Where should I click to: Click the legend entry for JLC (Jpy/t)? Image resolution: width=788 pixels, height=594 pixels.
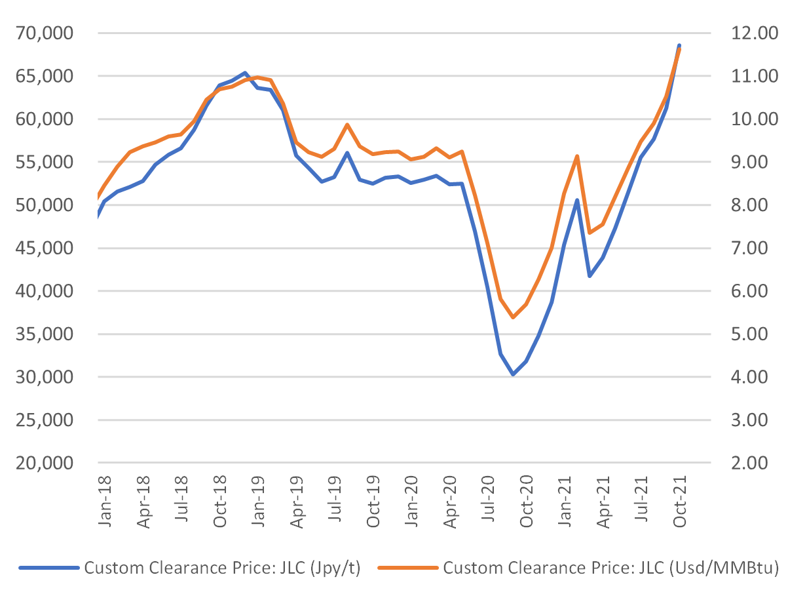pos(222,568)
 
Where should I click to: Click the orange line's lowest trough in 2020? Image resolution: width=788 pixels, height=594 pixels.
pos(513,317)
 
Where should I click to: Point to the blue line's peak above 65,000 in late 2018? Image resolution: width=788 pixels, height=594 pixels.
pos(244,73)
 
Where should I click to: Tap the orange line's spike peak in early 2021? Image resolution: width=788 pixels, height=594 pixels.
pos(577,156)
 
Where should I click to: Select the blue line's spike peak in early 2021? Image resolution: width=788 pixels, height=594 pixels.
pos(577,200)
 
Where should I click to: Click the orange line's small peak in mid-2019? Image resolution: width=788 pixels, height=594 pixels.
pos(347,125)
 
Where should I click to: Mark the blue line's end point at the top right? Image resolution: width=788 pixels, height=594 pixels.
pos(679,45)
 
